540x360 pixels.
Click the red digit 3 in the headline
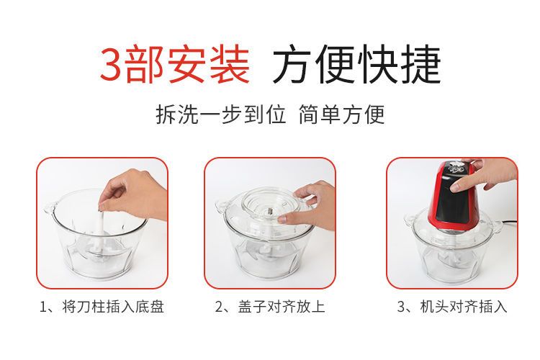point(112,64)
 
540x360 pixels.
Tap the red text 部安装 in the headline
point(187,64)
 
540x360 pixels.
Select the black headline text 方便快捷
point(357,64)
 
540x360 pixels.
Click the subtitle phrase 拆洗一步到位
point(221,114)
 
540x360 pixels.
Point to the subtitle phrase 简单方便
point(341,114)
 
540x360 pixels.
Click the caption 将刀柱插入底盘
point(113,306)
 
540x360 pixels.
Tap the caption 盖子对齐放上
point(282,306)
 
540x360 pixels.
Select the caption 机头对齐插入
point(463,306)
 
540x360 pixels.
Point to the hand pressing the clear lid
point(308,207)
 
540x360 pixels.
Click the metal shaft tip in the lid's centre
point(270,209)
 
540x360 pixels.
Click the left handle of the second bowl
point(221,206)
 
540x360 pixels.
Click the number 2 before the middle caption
point(219,307)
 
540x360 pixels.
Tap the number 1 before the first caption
point(43,307)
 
